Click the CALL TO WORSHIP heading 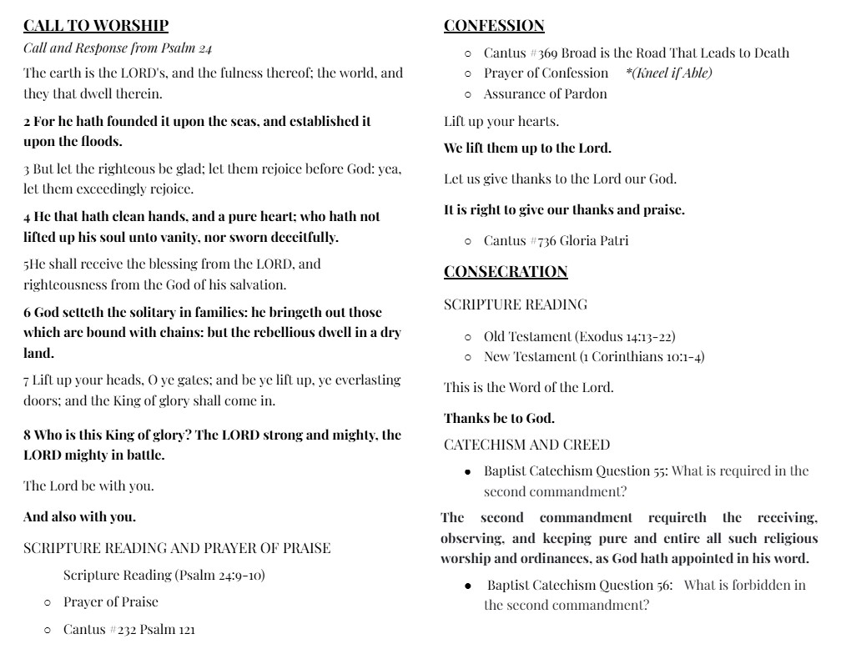point(96,26)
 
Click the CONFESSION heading point(494,26)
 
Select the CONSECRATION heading point(506,272)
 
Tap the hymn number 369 point(547,53)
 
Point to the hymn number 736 point(546,241)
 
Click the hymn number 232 point(126,629)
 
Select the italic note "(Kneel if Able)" point(668,73)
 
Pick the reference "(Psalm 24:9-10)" point(219,575)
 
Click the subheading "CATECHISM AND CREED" point(526,445)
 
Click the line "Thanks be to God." point(499,418)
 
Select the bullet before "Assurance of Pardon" point(468,94)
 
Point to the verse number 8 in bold point(28,435)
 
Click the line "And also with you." point(79,516)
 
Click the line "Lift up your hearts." point(501,122)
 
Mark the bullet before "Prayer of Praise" point(48,602)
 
